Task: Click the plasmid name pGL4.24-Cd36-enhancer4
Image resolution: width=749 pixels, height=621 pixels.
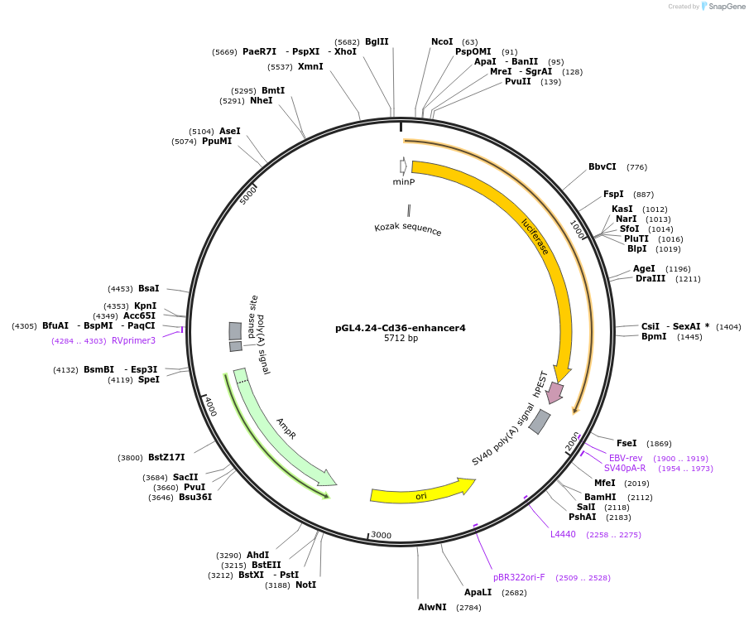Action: (x=401, y=328)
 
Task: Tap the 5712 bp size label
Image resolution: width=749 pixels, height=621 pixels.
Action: (x=401, y=339)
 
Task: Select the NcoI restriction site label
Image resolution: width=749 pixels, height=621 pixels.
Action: (x=442, y=41)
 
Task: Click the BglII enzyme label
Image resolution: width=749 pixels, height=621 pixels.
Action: (x=377, y=41)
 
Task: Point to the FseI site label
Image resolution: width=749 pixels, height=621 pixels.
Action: (x=627, y=444)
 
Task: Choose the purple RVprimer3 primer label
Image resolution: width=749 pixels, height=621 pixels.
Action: (x=133, y=340)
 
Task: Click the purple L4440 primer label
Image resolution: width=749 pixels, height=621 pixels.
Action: (x=563, y=534)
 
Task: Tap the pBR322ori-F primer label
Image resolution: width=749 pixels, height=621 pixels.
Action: (x=519, y=577)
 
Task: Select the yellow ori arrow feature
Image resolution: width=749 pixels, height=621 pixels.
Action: (x=421, y=494)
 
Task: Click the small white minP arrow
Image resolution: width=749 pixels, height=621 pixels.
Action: (x=403, y=166)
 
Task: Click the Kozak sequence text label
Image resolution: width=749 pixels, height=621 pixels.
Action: (x=407, y=229)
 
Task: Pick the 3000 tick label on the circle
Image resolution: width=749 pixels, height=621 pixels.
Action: (x=381, y=535)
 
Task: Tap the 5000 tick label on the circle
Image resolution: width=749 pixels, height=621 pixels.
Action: (x=249, y=195)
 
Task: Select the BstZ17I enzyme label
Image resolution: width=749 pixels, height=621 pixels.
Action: (x=166, y=457)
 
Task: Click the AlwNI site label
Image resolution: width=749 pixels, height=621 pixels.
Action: (x=432, y=607)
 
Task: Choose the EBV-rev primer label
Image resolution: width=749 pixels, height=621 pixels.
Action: (x=626, y=458)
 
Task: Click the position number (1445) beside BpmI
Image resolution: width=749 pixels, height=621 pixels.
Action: (x=689, y=337)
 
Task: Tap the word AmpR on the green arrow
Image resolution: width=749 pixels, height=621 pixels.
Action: (x=286, y=428)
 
